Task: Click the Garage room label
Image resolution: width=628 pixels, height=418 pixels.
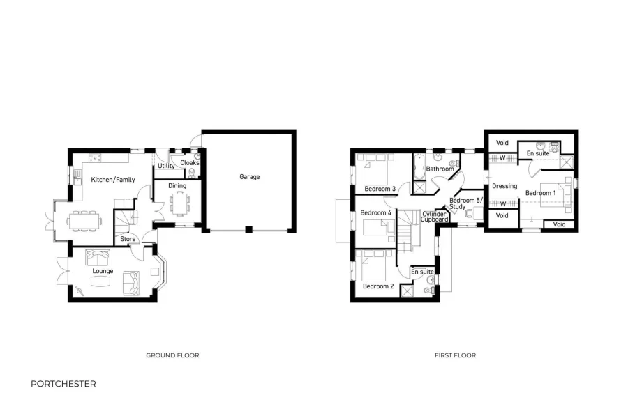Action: (x=249, y=177)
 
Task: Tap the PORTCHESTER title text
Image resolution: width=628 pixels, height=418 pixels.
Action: (x=63, y=384)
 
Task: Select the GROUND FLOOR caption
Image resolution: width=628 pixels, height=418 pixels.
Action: (x=172, y=355)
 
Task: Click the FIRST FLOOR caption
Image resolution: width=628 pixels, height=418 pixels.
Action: (x=455, y=355)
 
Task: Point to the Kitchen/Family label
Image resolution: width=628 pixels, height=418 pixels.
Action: (x=113, y=180)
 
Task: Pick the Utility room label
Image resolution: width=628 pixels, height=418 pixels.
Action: (x=166, y=167)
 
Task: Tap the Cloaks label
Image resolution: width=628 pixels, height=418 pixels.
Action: (x=190, y=163)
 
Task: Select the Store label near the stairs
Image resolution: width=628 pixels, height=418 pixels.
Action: (x=128, y=239)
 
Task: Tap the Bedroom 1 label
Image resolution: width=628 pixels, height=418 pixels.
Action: (x=540, y=193)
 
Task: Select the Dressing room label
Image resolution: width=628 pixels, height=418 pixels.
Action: (x=504, y=186)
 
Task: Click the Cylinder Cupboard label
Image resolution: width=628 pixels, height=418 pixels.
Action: (x=435, y=217)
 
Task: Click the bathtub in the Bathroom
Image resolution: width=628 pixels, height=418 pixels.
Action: (x=419, y=167)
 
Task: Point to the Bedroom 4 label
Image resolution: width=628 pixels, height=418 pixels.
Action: (x=376, y=212)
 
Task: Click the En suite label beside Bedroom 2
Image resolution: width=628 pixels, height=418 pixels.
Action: (x=423, y=272)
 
